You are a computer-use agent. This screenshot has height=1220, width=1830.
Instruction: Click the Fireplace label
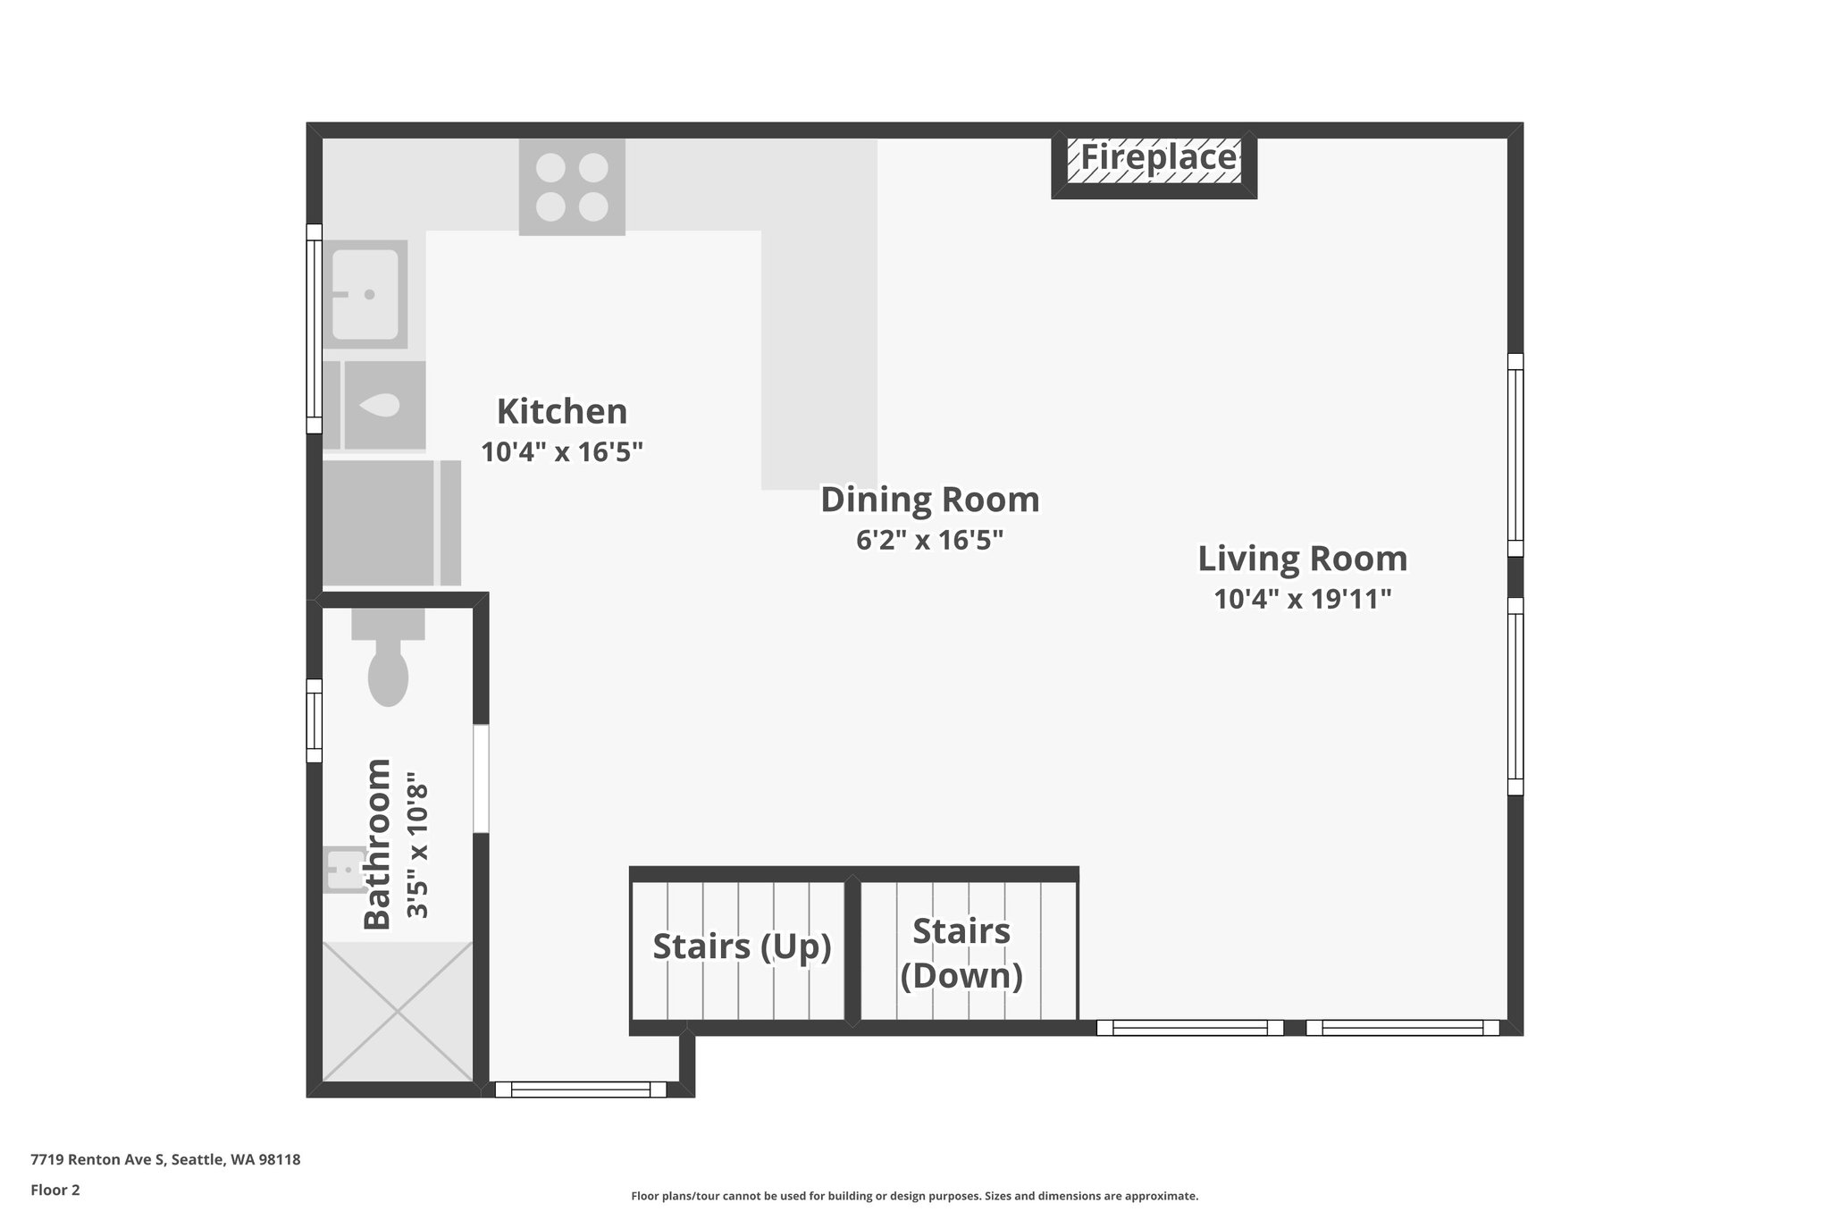coord(1158,158)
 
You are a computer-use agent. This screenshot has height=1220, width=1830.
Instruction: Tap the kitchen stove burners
coord(572,187)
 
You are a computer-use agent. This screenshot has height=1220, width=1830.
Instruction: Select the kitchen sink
coord(365,293)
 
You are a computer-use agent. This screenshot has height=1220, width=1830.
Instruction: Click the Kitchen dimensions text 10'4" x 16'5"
coord(562,452)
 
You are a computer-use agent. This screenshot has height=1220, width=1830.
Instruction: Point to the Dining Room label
coord(930,500)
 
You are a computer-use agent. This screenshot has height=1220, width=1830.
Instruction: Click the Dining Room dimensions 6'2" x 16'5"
coord(930,541)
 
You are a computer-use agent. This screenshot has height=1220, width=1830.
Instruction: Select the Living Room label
coord(1302,559)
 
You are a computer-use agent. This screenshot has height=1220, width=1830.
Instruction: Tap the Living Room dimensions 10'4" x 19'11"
coord(1302,600)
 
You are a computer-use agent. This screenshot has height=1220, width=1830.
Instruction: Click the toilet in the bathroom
coord(388,666)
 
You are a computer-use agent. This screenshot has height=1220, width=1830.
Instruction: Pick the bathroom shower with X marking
coord(397,1011)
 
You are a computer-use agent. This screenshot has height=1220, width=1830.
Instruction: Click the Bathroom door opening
coord(481,778)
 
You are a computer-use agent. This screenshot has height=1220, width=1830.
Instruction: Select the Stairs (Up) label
coord(742,947)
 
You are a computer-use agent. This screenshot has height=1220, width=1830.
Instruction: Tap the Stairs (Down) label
coord(961,954)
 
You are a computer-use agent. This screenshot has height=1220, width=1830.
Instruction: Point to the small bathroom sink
coord(342,869)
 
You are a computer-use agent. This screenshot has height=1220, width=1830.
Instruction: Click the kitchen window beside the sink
coord(314,328)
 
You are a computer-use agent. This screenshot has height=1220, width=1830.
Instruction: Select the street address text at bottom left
coord(165,1160)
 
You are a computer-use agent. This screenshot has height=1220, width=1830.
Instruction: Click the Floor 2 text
coord(55,1190)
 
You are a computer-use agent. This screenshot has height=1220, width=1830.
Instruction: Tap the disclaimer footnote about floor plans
coord(914,1196)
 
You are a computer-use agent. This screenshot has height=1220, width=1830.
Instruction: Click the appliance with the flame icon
coord(384,405)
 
